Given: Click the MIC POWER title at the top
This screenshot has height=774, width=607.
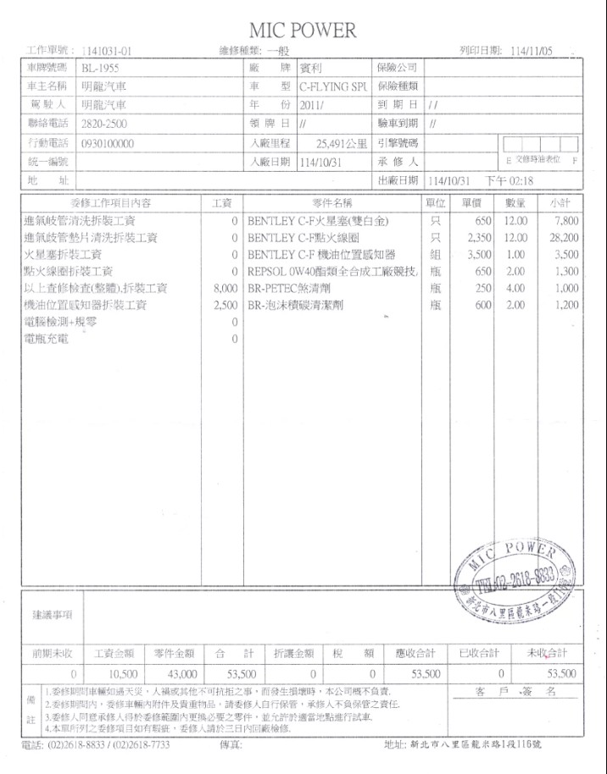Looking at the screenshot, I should click(x=303, y=30).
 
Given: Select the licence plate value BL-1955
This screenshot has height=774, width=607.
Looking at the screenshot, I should click(x=101, y=68).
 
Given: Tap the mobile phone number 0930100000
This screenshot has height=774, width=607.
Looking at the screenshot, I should click(x=108, y=144).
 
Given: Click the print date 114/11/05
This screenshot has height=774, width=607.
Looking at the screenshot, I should click(x=532, y=51).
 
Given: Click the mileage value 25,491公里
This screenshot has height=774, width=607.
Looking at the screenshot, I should click(x=343, y=144).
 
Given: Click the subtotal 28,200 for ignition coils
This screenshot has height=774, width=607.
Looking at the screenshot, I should click(x=564, y=238).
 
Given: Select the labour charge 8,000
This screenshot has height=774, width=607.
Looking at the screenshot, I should click(x=224, y=289).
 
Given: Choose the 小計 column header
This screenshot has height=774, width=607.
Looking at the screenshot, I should click(x=562, y=203).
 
